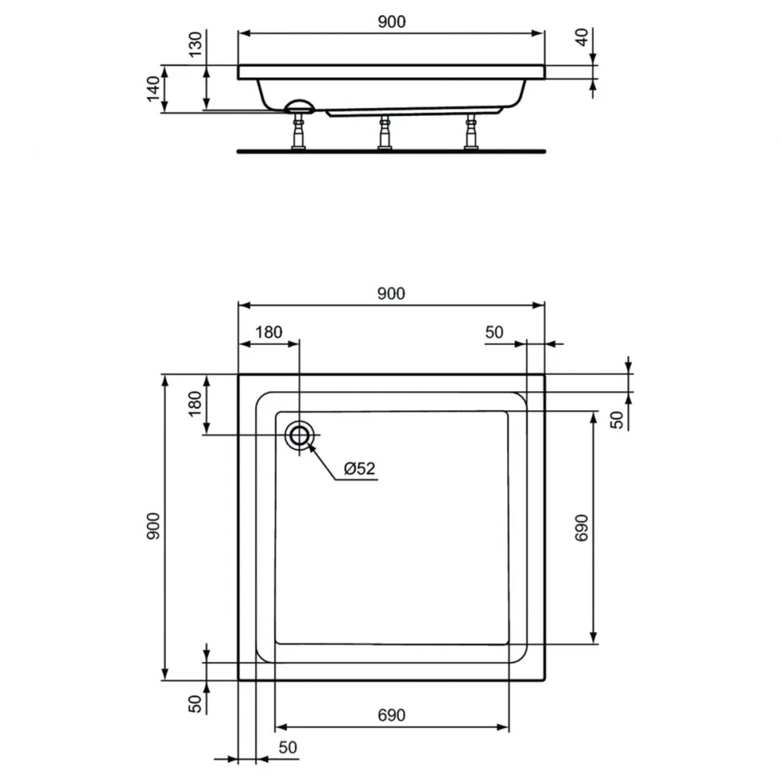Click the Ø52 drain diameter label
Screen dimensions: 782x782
(x=359, y=468)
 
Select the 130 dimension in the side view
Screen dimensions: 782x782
(x=196, y=44)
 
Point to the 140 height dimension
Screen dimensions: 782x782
(x=154, y=89)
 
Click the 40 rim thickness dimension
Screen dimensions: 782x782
(x=582, y=37)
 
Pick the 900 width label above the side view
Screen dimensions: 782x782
(x=392, y=22)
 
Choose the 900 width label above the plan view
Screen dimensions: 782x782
(x=391, y=293)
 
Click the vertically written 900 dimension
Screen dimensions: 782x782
(x=154, y=526)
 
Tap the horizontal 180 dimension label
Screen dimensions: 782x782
(x=268, y=332)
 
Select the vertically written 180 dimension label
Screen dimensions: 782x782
(x=195, y=403)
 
